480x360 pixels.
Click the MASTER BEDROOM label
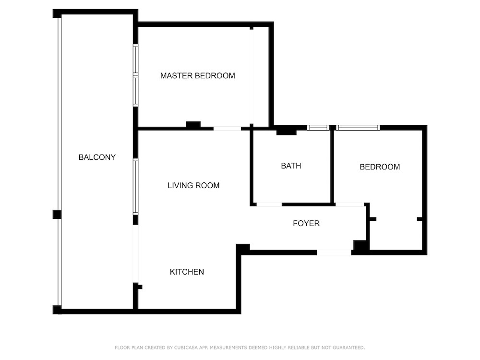click(x=197, y=76)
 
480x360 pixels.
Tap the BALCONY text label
click(x=97, y=157)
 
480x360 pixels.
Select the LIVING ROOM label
click(x=193, y=185)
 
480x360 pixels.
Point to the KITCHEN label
click(x=187, y=272)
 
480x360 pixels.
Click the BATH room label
click(x=291, y=166)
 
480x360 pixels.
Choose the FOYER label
click(x=306, y=224)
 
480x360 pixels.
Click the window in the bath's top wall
click(x=318, y=128)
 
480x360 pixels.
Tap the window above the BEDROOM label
click(x=358, y=128)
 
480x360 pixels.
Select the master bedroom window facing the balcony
click(x=136, y=75)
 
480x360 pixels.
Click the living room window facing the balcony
click(x=136, y=186)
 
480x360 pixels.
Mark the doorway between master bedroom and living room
click(x=227, y=129)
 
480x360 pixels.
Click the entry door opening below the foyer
click(x=334, y=252)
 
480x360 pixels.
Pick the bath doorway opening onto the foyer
click(x=269, y=204)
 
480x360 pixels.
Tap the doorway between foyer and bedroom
click(x=350, y=204)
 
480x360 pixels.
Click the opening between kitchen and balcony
click(x=136, y=254)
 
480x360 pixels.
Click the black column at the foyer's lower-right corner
click(x=360, y=247)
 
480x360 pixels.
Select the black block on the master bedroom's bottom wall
click(x=193, y=125)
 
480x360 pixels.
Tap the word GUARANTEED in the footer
click(x=349, y=348)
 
